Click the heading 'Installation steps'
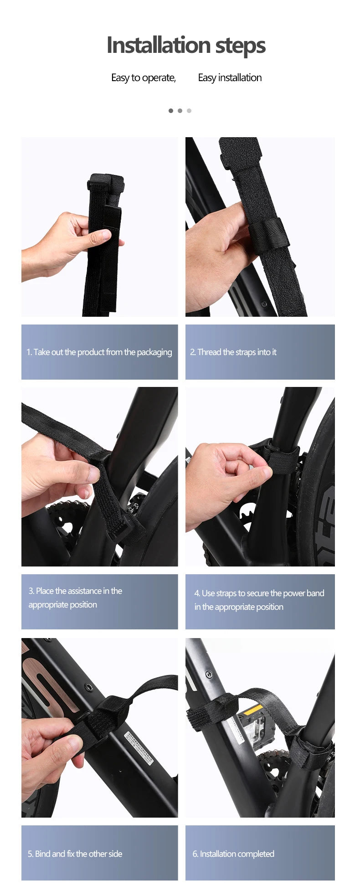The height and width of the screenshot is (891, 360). click(186, 45)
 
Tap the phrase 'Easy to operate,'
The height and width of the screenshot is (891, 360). click(144, 78)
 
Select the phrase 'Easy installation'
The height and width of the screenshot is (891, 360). click(230, 78)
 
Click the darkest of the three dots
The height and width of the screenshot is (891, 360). click(171, 111)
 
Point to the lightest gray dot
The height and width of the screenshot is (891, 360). click(189, 111)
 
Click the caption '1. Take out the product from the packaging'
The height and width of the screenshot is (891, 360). click(99, 352)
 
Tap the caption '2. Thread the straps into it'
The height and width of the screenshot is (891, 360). click(233, 352)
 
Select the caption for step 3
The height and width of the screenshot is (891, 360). click(75, 597)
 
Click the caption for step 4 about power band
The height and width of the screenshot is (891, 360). click(259, 600)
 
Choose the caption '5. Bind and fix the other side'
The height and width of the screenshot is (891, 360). click(75, 854)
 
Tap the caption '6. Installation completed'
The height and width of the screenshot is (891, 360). click(233, 854)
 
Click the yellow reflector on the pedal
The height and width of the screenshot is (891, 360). click(253, 710)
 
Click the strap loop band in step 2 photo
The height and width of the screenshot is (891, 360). click(271, 235)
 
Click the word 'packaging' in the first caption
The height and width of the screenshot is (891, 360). click(154, 352)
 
